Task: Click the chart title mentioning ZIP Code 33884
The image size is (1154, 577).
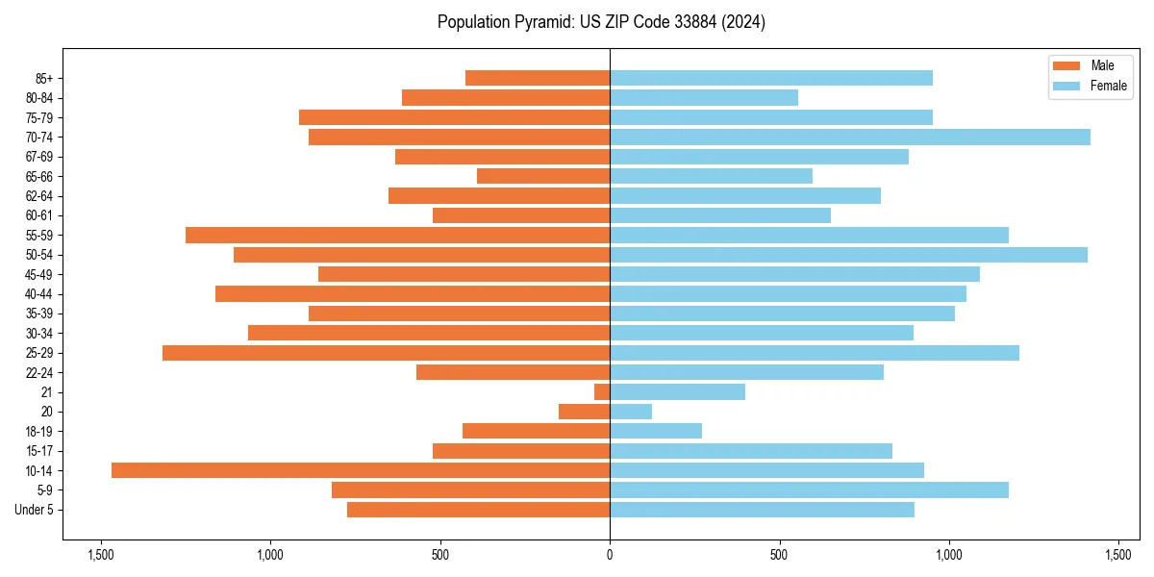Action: (x=601, y=22)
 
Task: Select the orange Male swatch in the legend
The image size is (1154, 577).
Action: (x=1066, y=65)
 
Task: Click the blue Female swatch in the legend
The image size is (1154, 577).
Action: (x=1066, y=86)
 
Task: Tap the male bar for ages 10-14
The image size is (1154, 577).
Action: (x=361, y=470)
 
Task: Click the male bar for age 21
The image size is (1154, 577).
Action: (x=602, y=391)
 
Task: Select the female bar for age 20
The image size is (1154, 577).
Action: (x=631, y=412)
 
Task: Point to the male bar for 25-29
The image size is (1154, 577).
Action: (x=386, y=353)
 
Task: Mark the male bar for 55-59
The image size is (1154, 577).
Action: (x=397, y=235)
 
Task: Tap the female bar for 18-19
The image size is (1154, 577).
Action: (x=656, y=431)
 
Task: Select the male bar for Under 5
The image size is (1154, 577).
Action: (x=478, y=510)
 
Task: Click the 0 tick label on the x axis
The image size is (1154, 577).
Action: (x=610, y=555)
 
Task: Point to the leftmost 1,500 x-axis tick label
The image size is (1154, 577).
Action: (x=101, y=555)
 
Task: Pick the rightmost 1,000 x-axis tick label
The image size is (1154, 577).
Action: (x=949, y=555)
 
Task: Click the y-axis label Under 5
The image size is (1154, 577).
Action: (x=35, y=510)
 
